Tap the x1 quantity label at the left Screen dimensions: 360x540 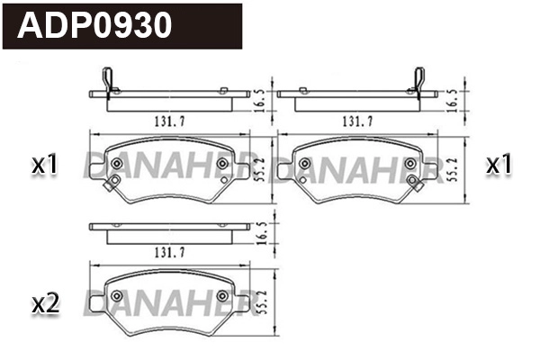[x=44, y=165]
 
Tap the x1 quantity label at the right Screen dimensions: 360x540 [x=499, y=165]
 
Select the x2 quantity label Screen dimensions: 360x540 [x=44, y=304]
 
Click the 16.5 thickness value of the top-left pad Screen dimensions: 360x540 [x=259, y=99]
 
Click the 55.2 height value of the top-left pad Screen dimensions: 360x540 [x=259, y=166]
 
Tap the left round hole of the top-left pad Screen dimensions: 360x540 [x=114, y=165]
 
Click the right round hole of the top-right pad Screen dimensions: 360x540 [x=410, y=165]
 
